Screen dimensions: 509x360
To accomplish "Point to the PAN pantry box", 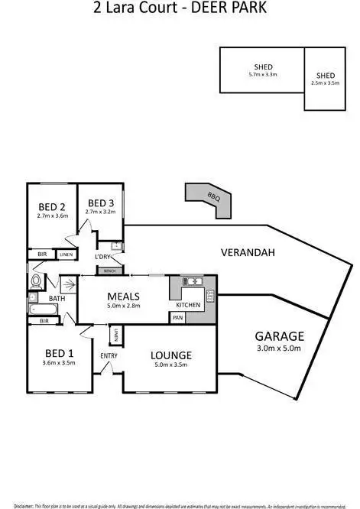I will [177, 317].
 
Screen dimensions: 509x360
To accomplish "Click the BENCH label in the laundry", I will [109, 271].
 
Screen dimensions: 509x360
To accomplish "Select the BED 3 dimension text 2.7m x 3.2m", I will [100, 212].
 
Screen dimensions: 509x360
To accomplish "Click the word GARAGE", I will [280, 336].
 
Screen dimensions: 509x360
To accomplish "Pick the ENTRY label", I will [108, 355].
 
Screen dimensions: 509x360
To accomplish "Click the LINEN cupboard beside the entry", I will [115, 335].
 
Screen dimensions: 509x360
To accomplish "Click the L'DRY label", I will [104, 257].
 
